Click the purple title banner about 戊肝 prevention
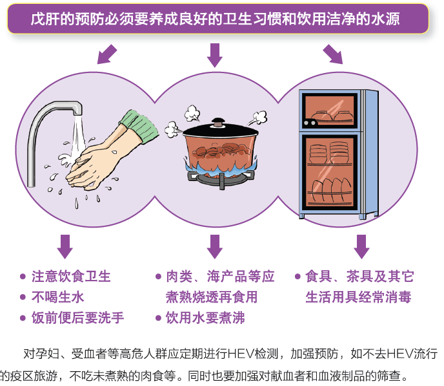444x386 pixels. (x=218, y=19)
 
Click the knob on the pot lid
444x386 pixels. (x=219, y=121)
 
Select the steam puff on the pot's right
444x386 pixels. (x=259, y=118)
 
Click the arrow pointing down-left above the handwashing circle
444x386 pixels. (x=107, y=54)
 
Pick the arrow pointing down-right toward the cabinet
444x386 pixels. (x=332, y=54)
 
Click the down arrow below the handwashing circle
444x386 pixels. (x=65, y=246)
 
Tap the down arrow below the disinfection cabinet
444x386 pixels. (x=361, y=246)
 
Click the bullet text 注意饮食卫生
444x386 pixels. (x=71, y=277)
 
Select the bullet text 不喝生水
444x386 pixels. (x=58, y=297)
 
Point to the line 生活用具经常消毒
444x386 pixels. (x=358, y=297)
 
